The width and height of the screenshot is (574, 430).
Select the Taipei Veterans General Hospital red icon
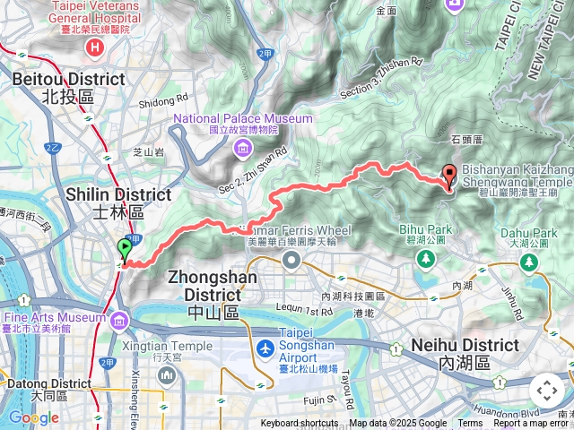93,47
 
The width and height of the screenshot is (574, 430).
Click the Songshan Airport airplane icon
265,348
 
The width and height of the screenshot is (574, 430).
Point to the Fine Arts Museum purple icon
118,318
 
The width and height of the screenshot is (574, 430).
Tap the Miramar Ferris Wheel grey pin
291,260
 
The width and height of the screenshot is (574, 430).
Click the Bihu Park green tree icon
424,259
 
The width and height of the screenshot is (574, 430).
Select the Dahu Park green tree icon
529,262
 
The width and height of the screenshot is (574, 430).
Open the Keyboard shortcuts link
300,424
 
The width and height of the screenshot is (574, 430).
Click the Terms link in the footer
470,424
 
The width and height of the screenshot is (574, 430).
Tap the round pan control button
546,391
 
